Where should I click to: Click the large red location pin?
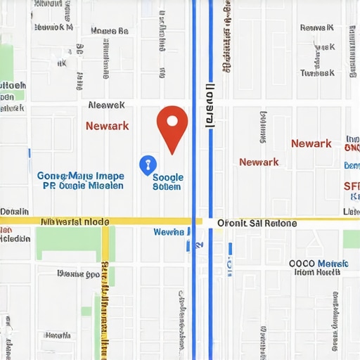click(172, 124)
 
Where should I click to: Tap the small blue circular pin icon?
click(147, 165)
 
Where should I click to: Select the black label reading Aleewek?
click(107, 105)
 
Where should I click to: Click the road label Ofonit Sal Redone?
click(257, 223)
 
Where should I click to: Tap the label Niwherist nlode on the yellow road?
click(75, 221)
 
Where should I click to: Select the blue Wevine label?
click(168, 232)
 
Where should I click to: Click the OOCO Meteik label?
click(319, 264)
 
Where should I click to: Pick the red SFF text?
click(351, 186)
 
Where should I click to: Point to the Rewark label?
click(316, 27)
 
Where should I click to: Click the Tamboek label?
click(316, 72)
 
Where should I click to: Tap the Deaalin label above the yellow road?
click(15, 211)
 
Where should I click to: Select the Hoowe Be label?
click(110, 31)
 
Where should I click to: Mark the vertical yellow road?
click(105, 295)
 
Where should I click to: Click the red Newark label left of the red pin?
click(107, 126)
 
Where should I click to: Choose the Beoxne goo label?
click(77, 274)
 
